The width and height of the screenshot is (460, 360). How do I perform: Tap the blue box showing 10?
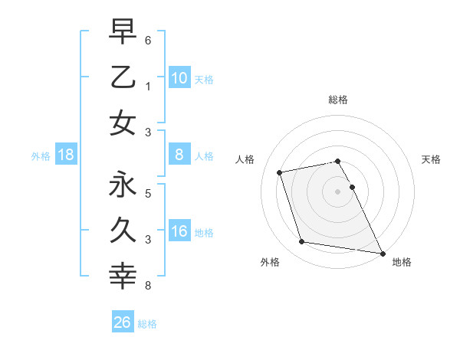pos(179,77)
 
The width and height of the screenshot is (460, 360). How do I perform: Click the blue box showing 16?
pos(179,232)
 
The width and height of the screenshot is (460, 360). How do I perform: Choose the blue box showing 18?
pos(66,155)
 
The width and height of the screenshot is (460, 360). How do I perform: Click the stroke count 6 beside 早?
pos(147,38)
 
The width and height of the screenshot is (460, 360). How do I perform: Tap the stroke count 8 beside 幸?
pos(147,286)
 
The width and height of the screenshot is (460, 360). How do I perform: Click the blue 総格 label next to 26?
pos(147,324)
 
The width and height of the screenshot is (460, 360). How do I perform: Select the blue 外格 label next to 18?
pos(41,156)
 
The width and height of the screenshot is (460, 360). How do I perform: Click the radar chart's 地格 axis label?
pos(402,262)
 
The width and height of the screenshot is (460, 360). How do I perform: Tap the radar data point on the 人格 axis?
pos(280,172)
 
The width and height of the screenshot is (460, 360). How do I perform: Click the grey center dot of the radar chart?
pos(337,191)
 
